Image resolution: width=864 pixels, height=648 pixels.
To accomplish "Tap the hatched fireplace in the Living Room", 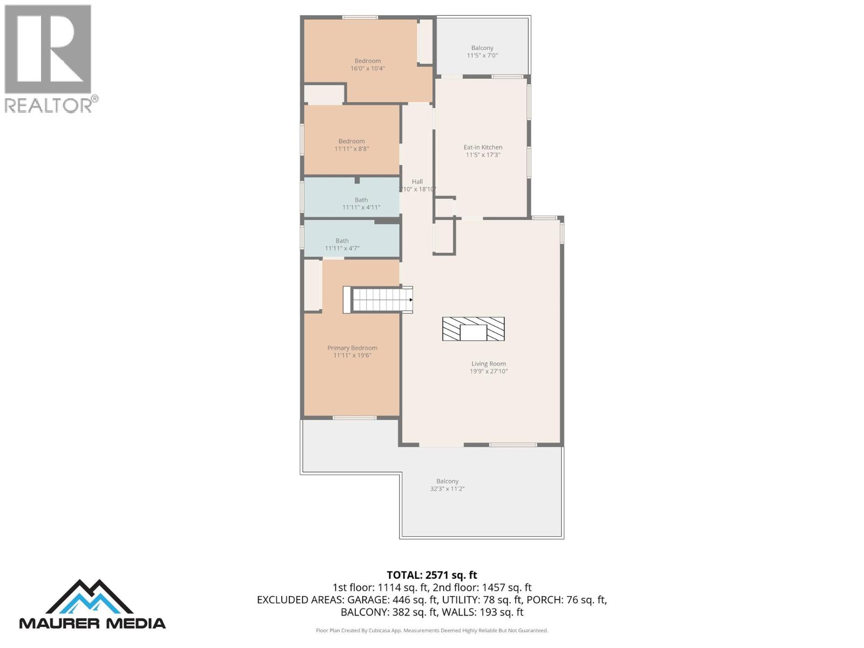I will coord(473,329).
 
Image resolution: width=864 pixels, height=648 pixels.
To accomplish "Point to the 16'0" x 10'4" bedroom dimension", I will coord(368,69).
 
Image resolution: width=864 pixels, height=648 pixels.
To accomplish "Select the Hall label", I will coord(417,181).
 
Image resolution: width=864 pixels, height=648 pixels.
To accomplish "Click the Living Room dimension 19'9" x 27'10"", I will coord(488,372).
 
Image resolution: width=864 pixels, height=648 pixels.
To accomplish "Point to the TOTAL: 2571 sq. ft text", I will coord(431,575).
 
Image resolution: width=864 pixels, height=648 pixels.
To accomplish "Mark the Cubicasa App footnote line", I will coord(431,630).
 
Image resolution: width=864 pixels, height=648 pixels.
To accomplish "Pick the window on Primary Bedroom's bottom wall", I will coord(354,417).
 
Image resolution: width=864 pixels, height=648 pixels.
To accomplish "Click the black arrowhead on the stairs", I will coord(411,300).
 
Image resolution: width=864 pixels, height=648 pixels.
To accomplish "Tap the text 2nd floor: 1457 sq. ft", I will coord(482,588).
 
